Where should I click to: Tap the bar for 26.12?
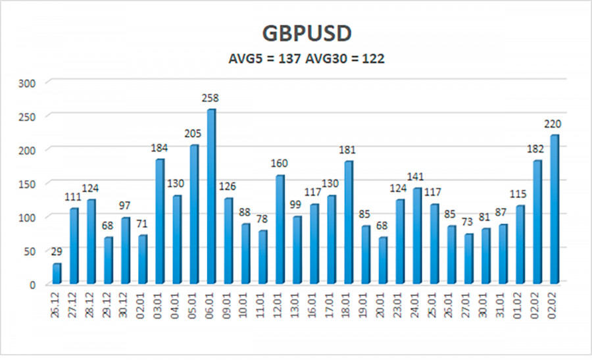point(57,274)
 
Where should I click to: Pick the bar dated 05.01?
point(193,214)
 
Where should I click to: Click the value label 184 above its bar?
point(159,148)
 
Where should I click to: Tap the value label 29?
point(57,253)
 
